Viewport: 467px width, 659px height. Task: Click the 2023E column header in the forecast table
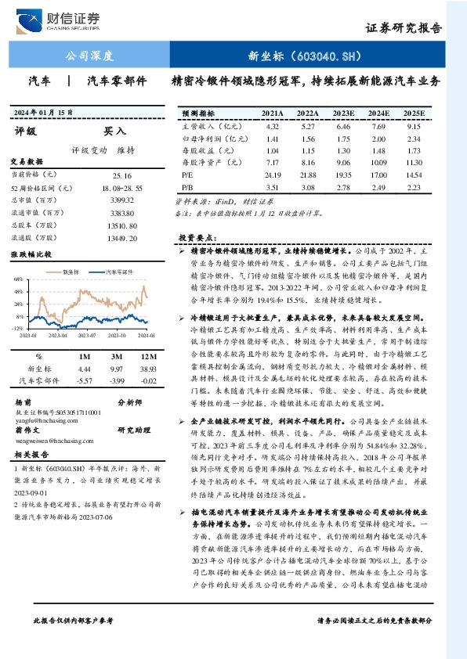pyautogui.click(x=343, y=113)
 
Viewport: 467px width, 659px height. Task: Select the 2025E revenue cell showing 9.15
pyautogui.click(x=415, y=126)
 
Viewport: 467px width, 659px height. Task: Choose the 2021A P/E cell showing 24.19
pyautogui.click(x=273, y=175)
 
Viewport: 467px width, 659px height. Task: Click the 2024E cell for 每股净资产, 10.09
pyautogui.click(x=378, y=163)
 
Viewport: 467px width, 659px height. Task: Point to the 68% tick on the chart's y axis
pyautogui.click(x=17, y=278)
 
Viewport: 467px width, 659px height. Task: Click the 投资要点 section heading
pyautogui.click(x=196, y=236)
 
